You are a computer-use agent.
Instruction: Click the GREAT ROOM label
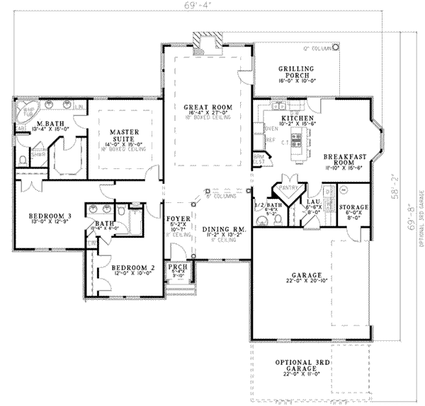[208, 107]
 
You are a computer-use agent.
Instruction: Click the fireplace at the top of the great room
[208, 42]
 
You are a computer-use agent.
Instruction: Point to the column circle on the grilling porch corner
[335, 48]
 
